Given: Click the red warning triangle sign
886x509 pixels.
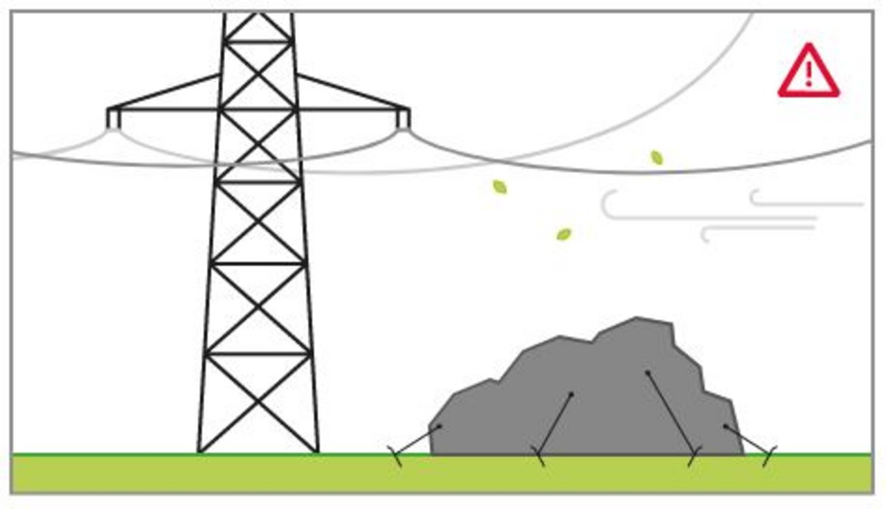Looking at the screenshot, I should click(x=808, y=72).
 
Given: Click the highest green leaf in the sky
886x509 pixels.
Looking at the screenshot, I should click(x=656, y=158).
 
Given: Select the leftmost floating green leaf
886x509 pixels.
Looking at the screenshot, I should click(x=499, y=187).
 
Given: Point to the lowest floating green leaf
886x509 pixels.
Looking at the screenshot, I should click(x=564, y=235).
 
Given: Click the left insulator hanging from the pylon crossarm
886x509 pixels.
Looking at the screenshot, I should click(x=113, y=120).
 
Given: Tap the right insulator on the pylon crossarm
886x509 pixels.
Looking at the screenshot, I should click(x=403, y=120).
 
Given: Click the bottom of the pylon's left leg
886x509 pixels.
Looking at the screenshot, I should click(x=200, y=450).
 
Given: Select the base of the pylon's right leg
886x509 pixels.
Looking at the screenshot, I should click(x=316, y=450).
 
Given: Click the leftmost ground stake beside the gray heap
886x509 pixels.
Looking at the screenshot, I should click(x=396, y=456).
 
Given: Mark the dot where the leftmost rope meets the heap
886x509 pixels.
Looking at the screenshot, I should click(x=440, y=427).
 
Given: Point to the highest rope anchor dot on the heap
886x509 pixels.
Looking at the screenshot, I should click(x=647, y=373).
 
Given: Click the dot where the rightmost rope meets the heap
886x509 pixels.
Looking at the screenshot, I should click(x=725, y=427).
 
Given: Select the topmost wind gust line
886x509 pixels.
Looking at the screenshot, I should click(x=806, y=204).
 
